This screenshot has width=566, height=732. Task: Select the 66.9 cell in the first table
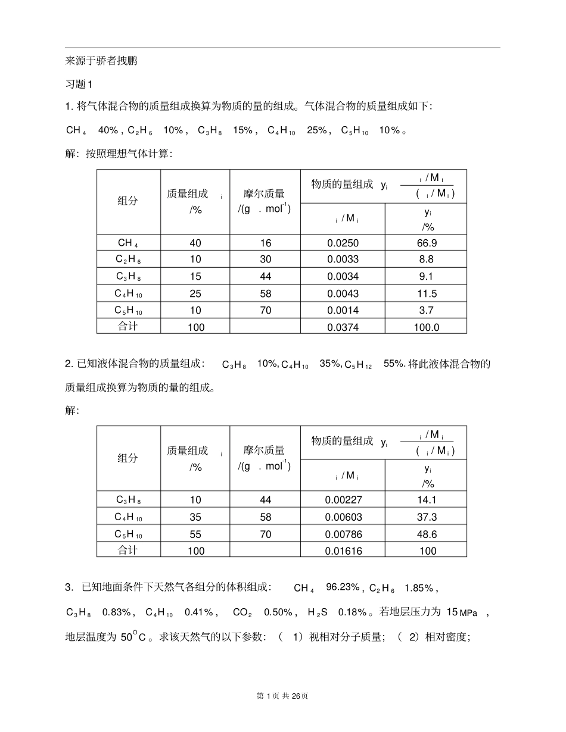(426, 243)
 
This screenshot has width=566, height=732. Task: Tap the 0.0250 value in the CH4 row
(343, 243)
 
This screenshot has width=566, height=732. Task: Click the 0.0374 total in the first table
(343, 327)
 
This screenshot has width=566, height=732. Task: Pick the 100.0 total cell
(426, 327)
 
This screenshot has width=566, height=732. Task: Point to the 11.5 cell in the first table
(426, 293)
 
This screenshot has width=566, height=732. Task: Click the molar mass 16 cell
(265, 243)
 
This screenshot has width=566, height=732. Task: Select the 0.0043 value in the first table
(343, 293)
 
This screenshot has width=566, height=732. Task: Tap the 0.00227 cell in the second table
(343, 500)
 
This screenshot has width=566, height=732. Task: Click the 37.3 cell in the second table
(426, 517)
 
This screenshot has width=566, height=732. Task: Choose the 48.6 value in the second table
(426, 534)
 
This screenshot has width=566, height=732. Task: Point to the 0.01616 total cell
(343, 551)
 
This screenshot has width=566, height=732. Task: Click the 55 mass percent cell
(195, 534)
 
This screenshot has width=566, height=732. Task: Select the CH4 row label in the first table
(128, 243)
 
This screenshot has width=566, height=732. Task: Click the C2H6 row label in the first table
(128, 259)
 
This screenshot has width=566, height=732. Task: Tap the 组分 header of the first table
(127, 201)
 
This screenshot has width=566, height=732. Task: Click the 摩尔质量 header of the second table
(265, 451)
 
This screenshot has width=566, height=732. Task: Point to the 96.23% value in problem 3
(343, 588)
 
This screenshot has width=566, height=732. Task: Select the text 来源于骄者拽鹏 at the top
(101, 60)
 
